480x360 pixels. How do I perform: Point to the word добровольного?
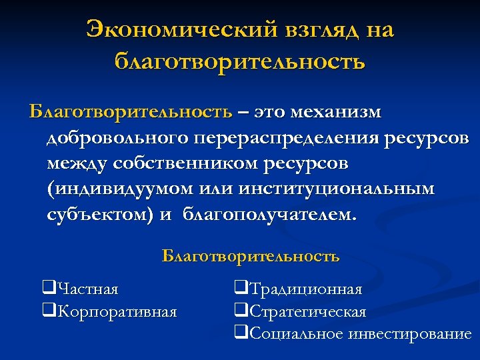[117, 139]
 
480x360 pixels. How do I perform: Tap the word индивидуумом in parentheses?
[121, 190]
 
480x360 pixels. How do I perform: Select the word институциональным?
[343, 190]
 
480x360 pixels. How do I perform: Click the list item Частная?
[87, 289]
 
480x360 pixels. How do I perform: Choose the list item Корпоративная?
[117, 311]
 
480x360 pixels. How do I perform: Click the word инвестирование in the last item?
[410, 334]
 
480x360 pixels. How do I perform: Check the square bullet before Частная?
[48, 289]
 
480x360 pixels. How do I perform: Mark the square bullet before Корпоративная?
[48, 311]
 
